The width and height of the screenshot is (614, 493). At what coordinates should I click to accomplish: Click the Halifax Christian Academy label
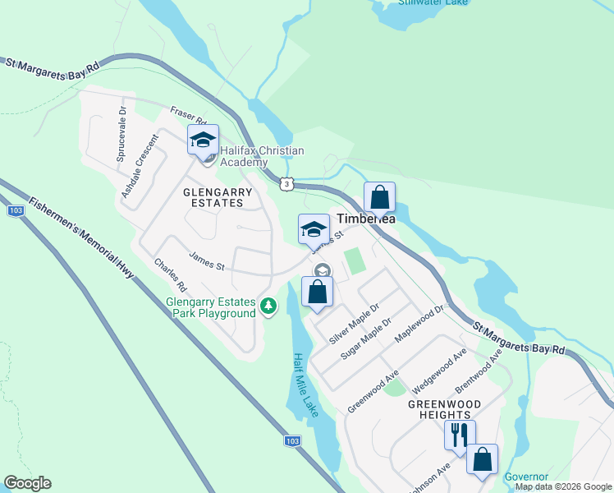pyautogui.click(x=262, y=156)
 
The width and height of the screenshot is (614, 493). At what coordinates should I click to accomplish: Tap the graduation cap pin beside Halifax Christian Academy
pyautogui.click(x=203, y=140)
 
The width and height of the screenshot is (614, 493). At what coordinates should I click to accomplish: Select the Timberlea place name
pyautogui.click(x=368, y=219)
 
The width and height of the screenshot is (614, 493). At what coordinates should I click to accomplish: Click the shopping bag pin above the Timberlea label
pyautogui.click(x=379, y=197)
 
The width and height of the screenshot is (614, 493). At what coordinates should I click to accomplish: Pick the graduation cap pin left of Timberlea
pyautogui.click(x=313, y=229)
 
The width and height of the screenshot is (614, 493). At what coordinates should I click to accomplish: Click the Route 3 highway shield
pyautogui.click(x=285, y=184)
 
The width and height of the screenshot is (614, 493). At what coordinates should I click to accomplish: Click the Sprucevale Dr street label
pyautogui.click(x=121, y=133)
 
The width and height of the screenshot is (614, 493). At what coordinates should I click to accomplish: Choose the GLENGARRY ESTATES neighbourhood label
pyautogui.click(x=218, y=197)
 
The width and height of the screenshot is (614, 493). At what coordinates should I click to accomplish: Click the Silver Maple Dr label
pyautogui.click(x=354, y=324)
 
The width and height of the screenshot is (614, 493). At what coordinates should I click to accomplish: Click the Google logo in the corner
pyautogui.click(x=27, y=483)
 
